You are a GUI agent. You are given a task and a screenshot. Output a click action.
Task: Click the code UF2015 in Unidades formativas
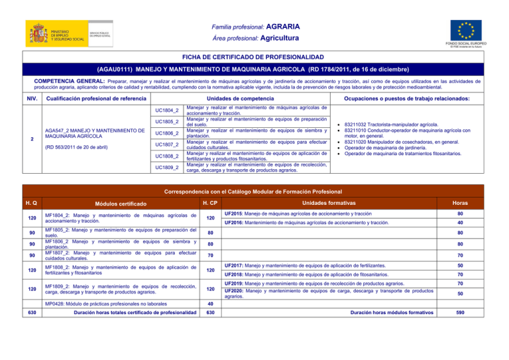(237, 214)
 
